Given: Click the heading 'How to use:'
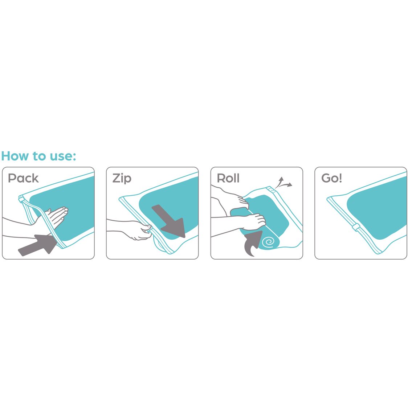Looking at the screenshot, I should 38,156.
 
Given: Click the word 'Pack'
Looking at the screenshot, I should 23,178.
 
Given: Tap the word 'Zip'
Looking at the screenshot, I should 122,178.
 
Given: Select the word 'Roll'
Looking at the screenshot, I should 228,178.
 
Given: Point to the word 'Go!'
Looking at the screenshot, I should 331,178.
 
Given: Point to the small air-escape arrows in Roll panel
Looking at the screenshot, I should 283,183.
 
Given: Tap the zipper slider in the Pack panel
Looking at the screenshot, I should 21,198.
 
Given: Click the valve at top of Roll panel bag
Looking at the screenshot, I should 270,189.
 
